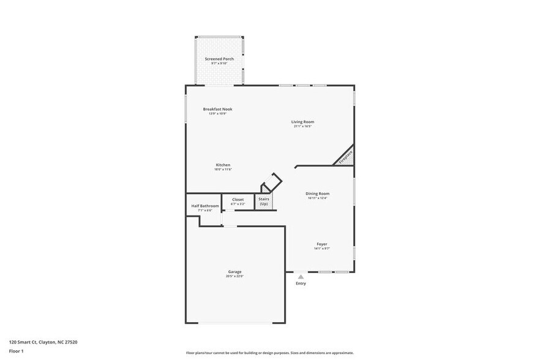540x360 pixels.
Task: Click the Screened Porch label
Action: [219, 59]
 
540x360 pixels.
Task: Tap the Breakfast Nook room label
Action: [217, 109]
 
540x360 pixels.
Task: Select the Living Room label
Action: [302, 122]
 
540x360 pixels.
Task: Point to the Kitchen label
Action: [223, 165]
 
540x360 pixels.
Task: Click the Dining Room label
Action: [317, 193]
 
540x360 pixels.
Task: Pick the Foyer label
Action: [321, 244]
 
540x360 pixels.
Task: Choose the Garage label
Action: [234, 271]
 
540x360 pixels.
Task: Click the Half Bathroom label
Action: [204, 206]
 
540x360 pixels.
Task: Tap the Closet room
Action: [238, 200]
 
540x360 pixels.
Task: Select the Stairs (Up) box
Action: [263, 201]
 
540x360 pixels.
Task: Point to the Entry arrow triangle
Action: [301, 277]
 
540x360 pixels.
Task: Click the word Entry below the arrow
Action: [301, 283]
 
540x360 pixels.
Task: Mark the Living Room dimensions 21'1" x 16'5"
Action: [302, 126]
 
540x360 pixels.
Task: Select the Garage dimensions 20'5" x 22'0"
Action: [234, 276]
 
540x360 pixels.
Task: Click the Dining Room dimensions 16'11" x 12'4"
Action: [317, 198]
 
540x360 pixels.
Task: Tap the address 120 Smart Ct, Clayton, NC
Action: [43, 342]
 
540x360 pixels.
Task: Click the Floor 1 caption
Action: [16, 351]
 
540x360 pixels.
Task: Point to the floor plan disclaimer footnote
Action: [269, 353]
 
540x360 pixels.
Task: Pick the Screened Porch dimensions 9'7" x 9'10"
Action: [219, 63]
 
